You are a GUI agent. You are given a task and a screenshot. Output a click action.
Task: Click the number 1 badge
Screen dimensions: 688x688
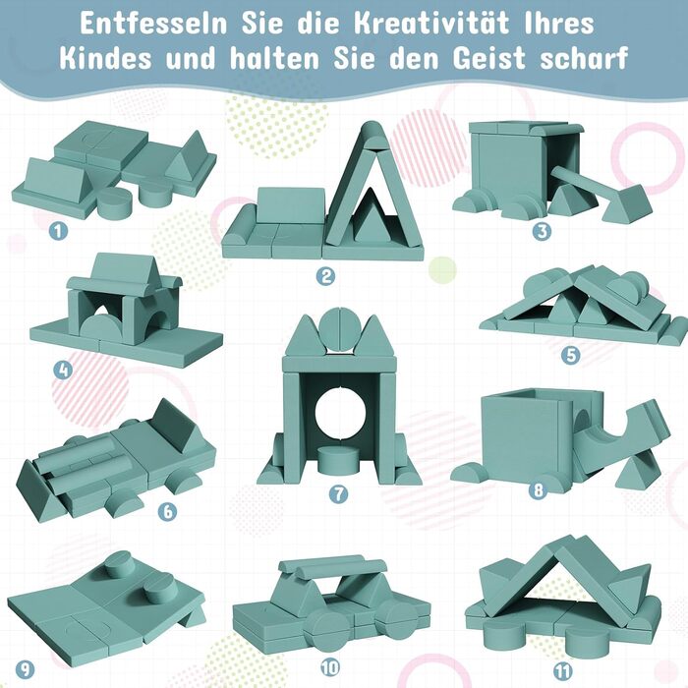(58, 231)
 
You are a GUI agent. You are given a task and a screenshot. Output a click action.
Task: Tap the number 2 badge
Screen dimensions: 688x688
(326, 276)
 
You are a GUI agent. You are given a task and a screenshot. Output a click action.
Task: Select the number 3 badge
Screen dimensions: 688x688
(542, 231)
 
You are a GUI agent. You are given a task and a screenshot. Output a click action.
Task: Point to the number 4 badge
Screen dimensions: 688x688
(63, 370)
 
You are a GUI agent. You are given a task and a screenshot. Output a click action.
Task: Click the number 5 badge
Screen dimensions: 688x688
(571, 355)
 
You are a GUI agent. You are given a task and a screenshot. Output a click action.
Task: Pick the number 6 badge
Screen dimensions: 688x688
(168, 511)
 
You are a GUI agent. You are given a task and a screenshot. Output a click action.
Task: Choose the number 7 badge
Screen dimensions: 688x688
(338, 494)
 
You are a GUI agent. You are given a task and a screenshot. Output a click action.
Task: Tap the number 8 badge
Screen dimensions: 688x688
(539, 489)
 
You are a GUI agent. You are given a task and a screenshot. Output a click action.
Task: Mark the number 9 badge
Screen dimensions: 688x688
(25, 669)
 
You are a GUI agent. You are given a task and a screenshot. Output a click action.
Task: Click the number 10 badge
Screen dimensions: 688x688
(330, 667)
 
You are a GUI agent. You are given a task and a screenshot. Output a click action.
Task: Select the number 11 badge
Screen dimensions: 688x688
(563, 671)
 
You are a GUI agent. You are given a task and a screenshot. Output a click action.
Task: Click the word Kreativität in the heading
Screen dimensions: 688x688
(431, 24)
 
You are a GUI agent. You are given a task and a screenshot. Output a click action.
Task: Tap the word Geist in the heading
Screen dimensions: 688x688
(489, 58)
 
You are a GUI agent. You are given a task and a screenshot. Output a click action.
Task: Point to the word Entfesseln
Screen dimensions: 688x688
(153, 24)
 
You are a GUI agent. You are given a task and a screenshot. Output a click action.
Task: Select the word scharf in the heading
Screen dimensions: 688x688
(584, 58)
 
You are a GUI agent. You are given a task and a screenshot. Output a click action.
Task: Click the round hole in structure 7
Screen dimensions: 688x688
(340, 414)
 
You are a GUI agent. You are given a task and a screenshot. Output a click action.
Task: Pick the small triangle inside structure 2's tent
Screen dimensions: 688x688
(373, 215)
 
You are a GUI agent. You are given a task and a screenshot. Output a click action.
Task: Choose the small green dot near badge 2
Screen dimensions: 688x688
(442, 270)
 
